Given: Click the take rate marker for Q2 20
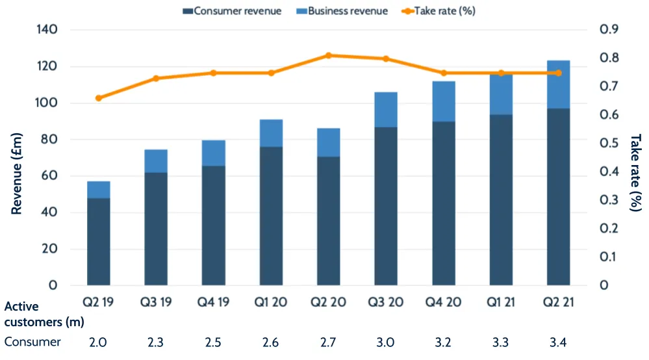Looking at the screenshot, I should (329, 55).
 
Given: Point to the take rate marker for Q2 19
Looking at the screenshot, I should (99, 98).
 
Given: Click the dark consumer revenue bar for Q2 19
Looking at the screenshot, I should (99, 241).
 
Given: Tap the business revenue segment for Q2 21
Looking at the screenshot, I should (559, 84).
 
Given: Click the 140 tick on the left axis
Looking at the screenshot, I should (49, 30).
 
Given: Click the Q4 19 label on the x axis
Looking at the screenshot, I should (214, 303).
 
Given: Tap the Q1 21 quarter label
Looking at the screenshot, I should (501, 303).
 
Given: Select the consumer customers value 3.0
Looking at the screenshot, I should (386, 342).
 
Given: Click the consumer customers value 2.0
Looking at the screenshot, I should (99, 342).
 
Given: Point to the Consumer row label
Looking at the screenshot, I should (32, 342).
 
